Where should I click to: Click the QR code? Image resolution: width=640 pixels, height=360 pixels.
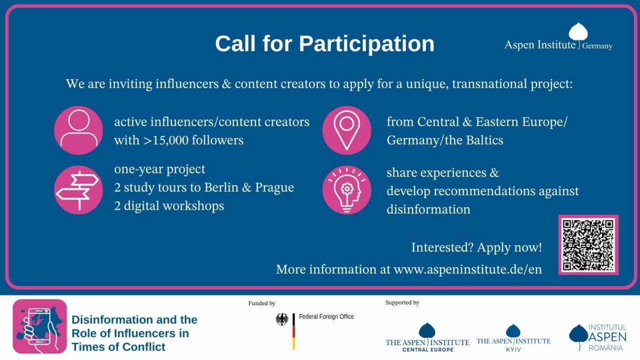click(x=588, y=245)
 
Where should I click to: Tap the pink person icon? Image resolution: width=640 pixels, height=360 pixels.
click(x=78, y=130)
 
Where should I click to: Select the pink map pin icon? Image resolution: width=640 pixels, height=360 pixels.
click(x=347, y=130)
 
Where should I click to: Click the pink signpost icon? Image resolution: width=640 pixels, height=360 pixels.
click(x=78, y=190)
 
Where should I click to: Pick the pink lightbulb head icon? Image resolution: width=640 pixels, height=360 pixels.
click(x=347, y=190)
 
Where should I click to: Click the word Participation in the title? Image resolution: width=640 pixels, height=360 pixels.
click(x=366, y=44)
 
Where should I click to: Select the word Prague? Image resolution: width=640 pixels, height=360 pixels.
click(x=274, y=187)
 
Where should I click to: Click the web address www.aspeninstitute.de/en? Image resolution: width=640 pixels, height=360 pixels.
click(x=467, y=269)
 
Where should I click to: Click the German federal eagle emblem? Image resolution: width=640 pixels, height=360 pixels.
click(x=282, y=319)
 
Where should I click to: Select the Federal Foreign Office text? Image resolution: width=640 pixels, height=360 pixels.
click(x=326, y=316)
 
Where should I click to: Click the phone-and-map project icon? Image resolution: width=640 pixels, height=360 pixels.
click(x=39, y=326)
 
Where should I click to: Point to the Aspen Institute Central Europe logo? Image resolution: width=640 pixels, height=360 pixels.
click(x=427, y=337)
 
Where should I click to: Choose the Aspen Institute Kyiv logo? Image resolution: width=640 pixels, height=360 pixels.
click(x=513, y=338)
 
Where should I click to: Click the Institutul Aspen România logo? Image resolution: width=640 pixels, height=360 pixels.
click(x=597, y=337)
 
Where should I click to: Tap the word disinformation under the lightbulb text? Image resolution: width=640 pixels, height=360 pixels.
click(x=428, y=209)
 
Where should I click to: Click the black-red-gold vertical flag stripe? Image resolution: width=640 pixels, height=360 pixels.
click(x=293, y=331)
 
